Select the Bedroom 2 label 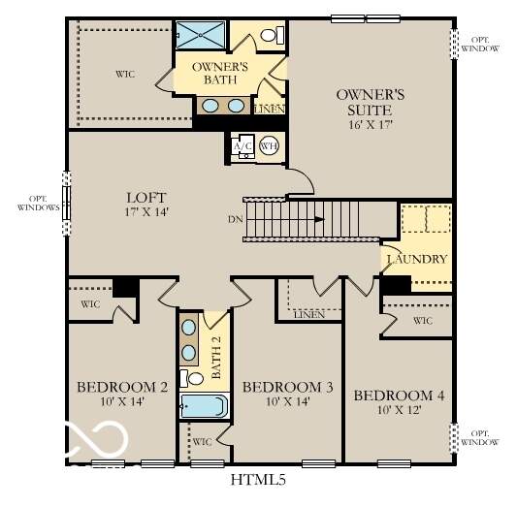122,388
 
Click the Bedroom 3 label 287,388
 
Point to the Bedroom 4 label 399,396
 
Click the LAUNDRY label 417,260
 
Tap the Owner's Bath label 220,74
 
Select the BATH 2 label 218,359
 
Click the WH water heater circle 269,146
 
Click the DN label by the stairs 235,219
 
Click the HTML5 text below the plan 257,478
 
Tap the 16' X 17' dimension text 370,123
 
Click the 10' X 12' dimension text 399,411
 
